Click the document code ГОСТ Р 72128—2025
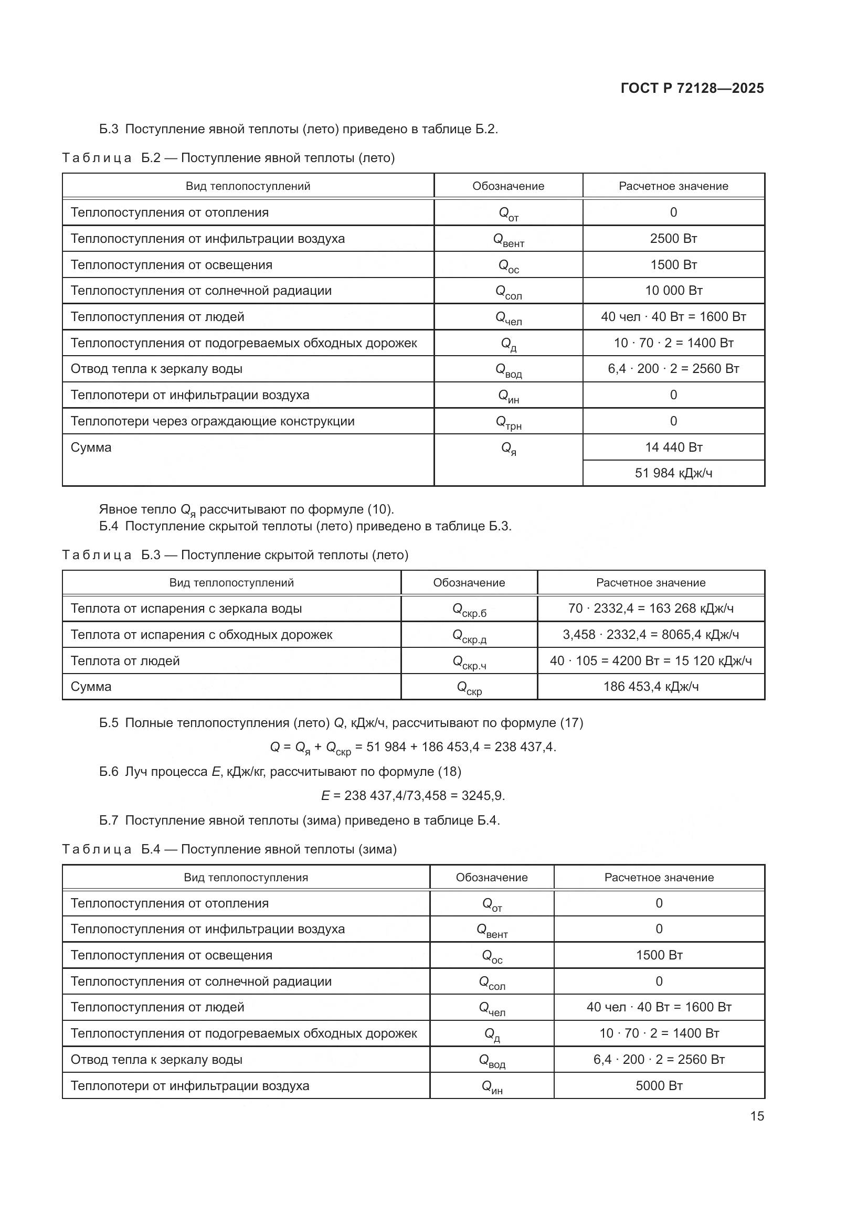pos(692,88)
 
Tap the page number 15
pos(757,1116)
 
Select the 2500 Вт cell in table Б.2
pos(673,238)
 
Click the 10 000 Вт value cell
pos(673,291)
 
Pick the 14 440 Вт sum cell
pos(673,447)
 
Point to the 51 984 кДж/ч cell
pos(673,473)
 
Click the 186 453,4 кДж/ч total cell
pos(650,687)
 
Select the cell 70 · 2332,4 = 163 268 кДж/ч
pos(650,609)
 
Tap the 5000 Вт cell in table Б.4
pos(659,1085)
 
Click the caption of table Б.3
pos(235,554)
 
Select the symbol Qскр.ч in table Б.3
pos(469,661)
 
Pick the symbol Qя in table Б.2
pos(509,449)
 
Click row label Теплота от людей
pos(125,661)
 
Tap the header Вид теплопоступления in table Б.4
pos(246,878)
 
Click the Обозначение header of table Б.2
pos(508,186)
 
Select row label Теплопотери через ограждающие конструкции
pos(212,421)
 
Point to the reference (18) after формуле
pos(449,772)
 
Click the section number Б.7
pos(109,820)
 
